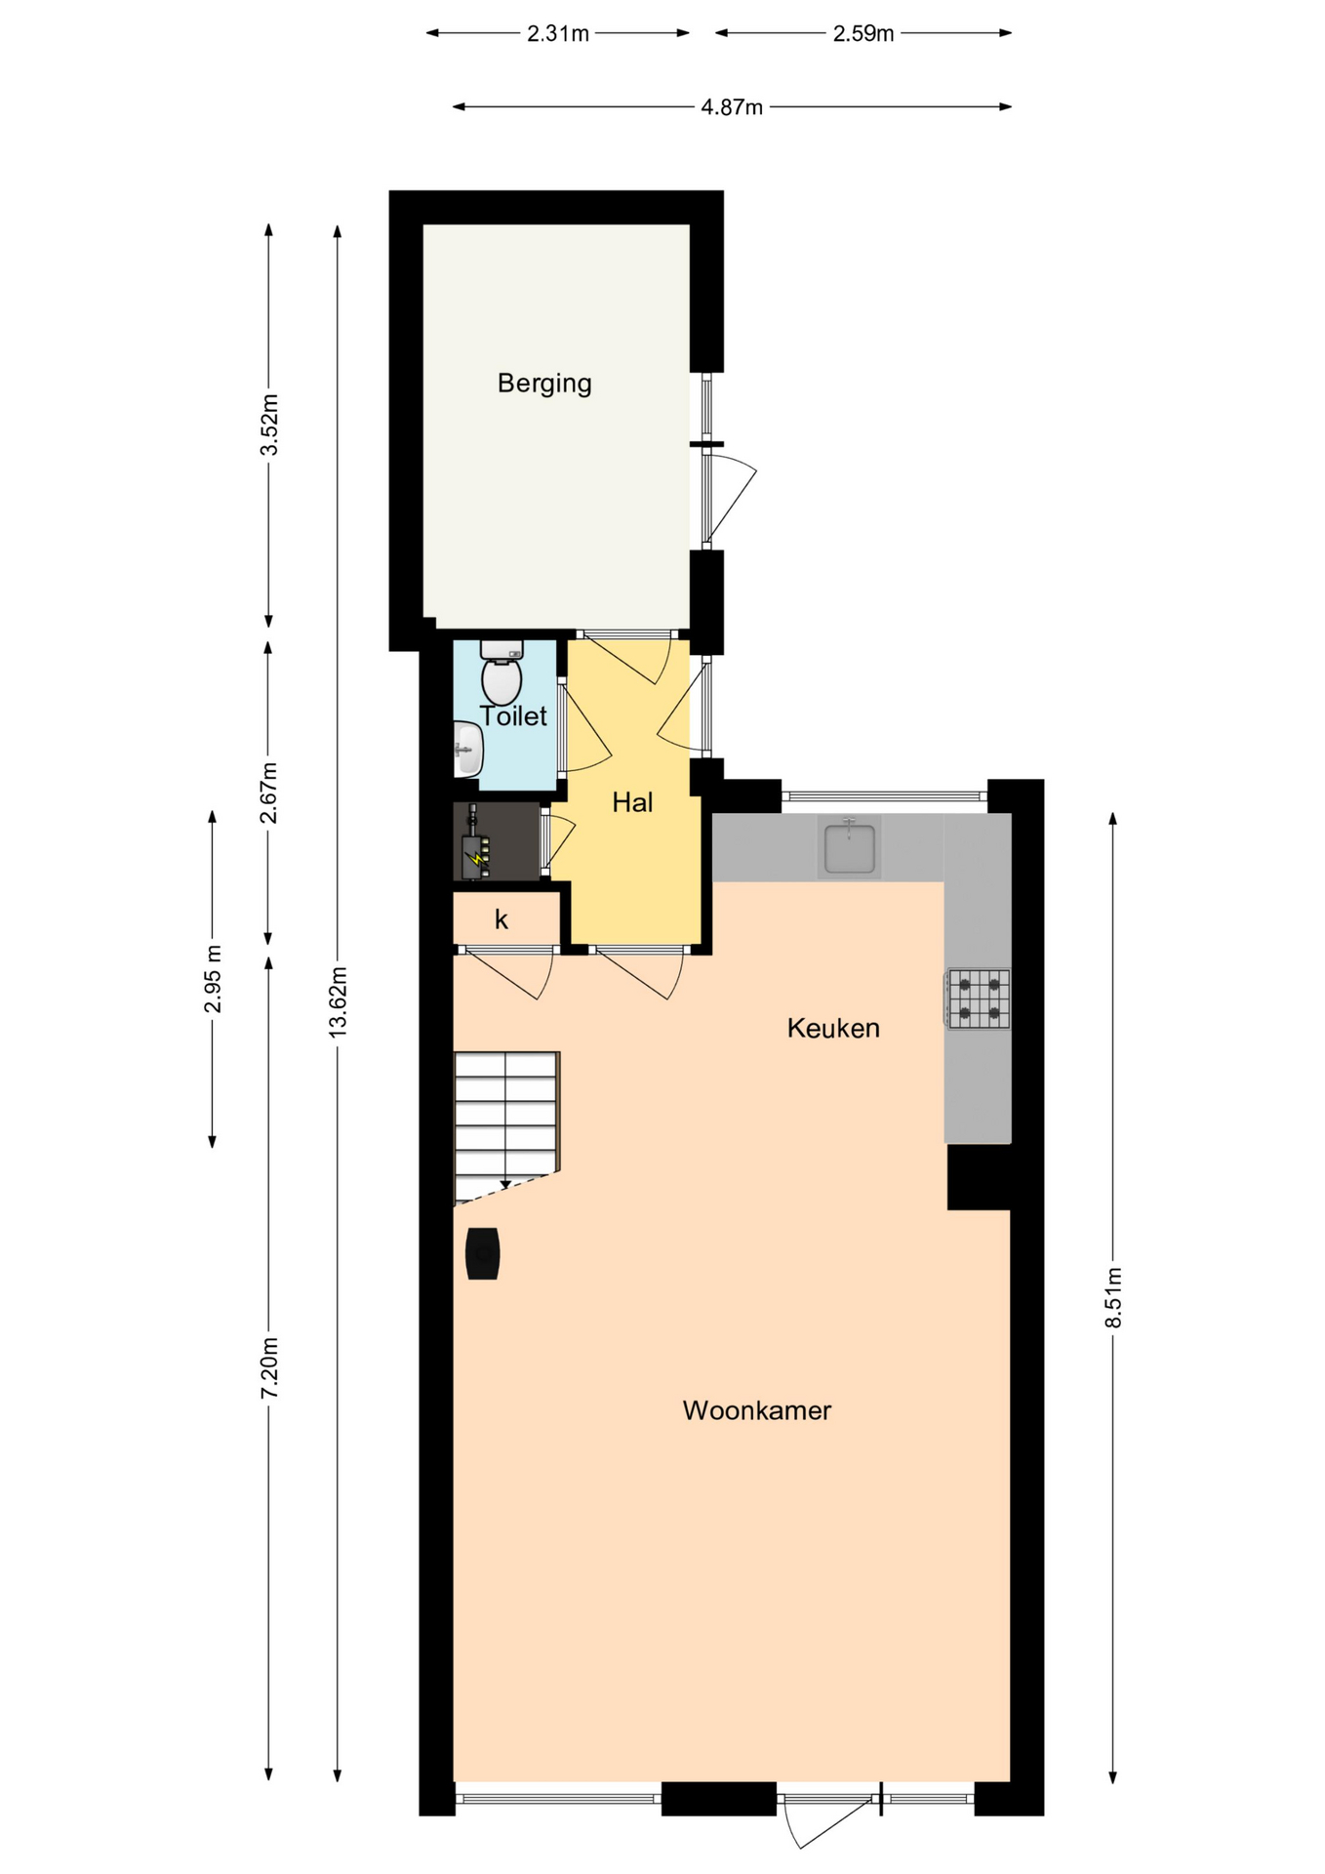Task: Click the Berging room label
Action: (x=544, y=384)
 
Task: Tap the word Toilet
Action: (x=513, y=716)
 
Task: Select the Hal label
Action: (x=632, y=802)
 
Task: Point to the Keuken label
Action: (x=833, y=1028)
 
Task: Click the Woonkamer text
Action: (x=757, y=1410)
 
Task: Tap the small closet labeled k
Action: (x=502, y=919)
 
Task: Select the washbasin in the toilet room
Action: (x=468, y=750)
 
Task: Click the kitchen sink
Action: (x=849, y=847)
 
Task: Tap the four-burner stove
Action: (x=978, y=998)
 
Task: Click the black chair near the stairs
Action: (x=483, y=1253)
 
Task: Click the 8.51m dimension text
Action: (x=1113, y=1297)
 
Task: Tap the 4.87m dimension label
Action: (x=732, y=107)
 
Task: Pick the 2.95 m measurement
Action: (x=213, y=979)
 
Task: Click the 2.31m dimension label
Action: (x=558, y=34)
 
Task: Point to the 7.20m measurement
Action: (x=269, y=1367)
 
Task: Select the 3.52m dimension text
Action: (x=269, y=425)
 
